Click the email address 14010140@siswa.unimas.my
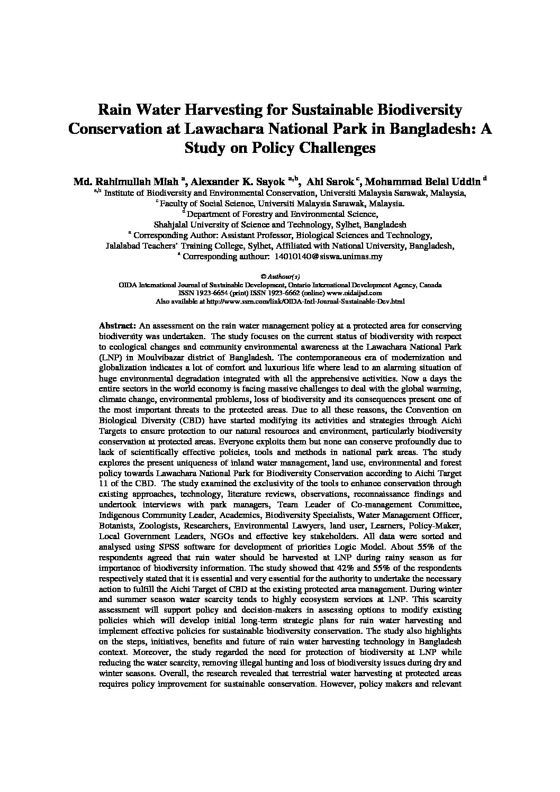[x=329, y=257]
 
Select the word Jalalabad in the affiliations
[x=124, y=245]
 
